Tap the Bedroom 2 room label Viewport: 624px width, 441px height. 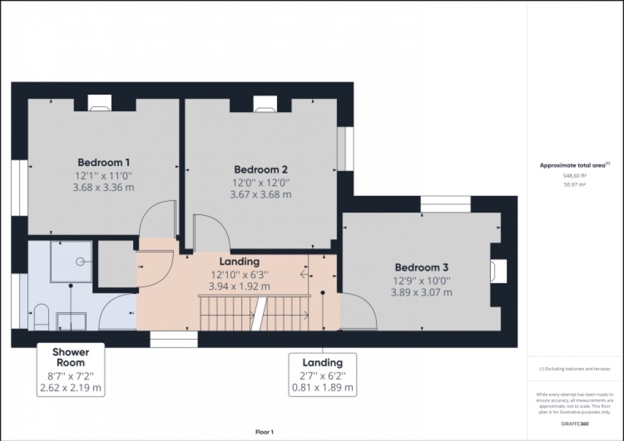tap(260, 169)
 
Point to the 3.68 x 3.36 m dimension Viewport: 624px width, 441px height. tap(104, 187)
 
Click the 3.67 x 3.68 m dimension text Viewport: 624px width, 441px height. tap(260, 195)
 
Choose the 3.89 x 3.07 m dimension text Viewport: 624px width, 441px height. tap(421, 292)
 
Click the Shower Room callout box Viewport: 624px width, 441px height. tap(70, 369)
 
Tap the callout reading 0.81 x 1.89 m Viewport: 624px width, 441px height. tap(322, 387)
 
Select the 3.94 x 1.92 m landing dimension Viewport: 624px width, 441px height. tap(239, 286)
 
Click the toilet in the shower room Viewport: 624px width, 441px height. tap(41, 316)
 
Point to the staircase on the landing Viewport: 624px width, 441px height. tap(255, 314)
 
